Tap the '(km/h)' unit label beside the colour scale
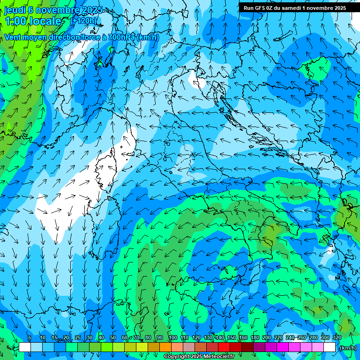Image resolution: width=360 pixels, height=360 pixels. click(x=347, y=348)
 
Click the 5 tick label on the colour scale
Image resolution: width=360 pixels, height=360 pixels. click(x=30, y=337)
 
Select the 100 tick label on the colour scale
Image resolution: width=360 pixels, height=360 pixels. click(x=172, y=337)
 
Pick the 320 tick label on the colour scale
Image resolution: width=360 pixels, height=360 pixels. click(x=337, y=337)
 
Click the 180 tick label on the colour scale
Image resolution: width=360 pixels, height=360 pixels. click(x=255, y=337)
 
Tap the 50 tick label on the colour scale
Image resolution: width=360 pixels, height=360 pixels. click(x=113, y=337)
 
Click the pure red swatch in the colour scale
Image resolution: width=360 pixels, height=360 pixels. click(x=224, y=347)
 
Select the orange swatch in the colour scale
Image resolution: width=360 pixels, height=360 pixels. click(x=165, y=347)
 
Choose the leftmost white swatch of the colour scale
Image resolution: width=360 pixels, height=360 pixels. click(x=25, y=347)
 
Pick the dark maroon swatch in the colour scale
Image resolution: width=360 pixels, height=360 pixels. click(x=247, y=347)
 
